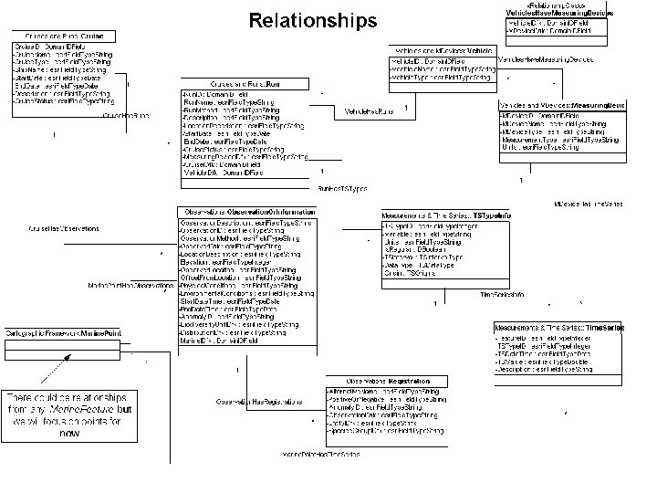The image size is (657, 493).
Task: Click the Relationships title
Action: [312, 19]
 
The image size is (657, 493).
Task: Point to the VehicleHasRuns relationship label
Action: [369, 111]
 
